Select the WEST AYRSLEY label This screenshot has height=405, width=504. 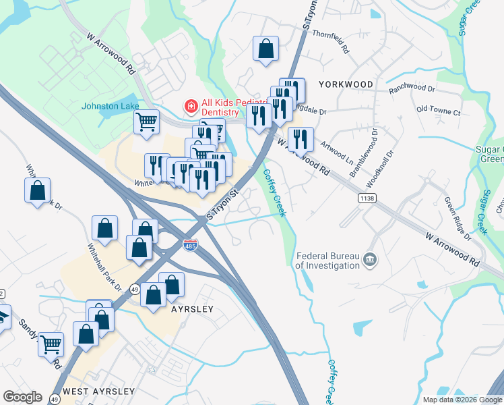98,391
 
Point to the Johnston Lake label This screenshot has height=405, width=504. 111,106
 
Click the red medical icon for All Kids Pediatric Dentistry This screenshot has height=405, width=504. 191,107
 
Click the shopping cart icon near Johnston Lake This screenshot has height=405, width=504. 146,123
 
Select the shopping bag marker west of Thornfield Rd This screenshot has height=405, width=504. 265,49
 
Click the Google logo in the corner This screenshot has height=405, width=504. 23,397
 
